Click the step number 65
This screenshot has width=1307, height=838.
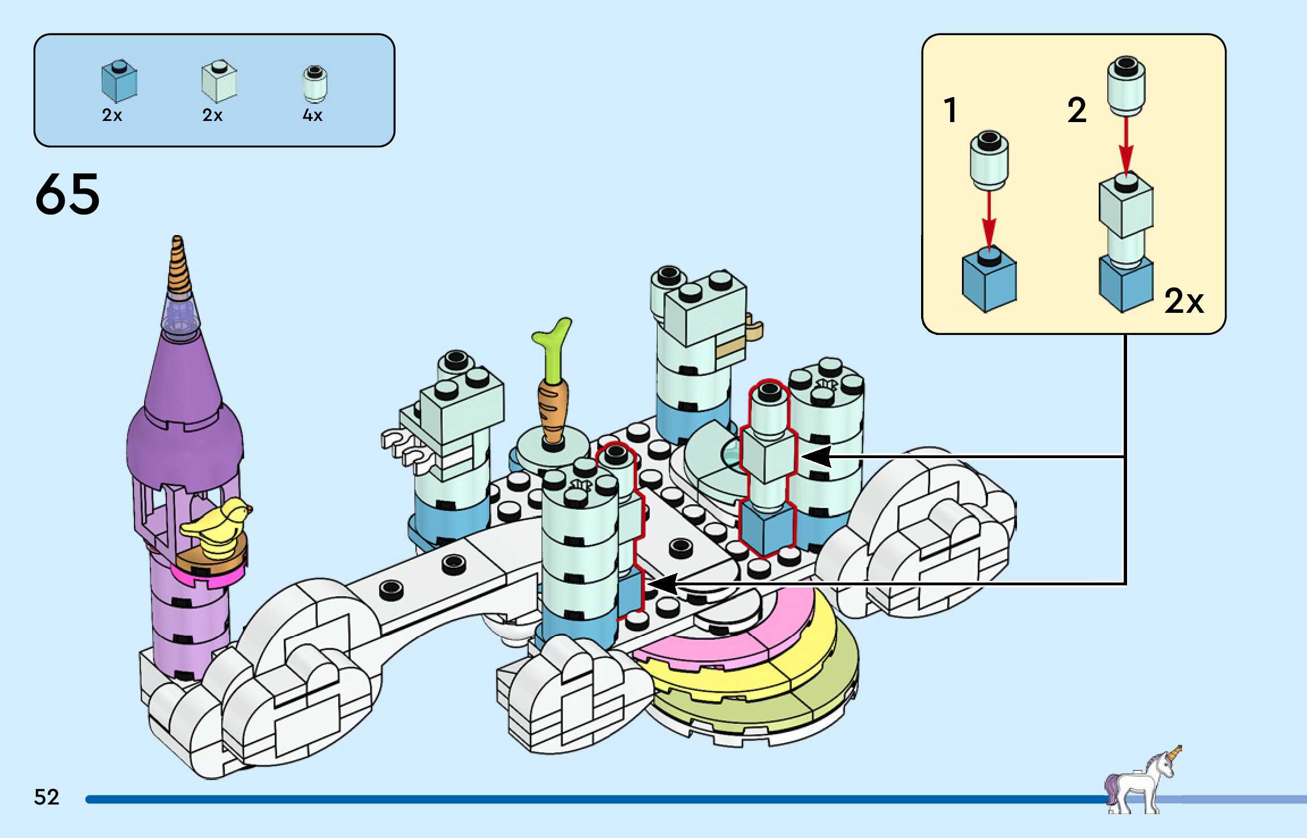coord(68,194)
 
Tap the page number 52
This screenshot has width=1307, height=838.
coord(47,797)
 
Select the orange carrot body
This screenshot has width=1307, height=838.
coord(552,408)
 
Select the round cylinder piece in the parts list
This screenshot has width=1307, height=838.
coord(314,83)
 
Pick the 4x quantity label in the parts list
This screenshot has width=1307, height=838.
coord(312,115)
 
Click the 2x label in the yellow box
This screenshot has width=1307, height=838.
coord(1183,300)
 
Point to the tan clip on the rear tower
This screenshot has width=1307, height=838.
coord(754,329)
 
